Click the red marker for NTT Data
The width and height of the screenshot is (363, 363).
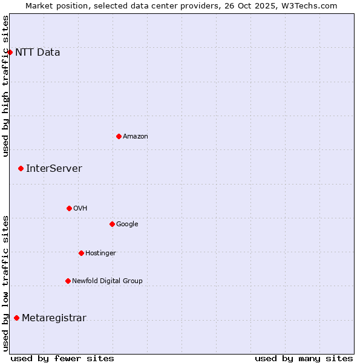[x=10, y=52]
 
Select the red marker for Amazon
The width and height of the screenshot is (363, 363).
[x=119, y=136]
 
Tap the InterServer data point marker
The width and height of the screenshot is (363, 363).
[x=21, y=168]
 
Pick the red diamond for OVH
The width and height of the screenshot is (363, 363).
[x=69, y=208]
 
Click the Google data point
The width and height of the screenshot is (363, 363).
[x=112, y=224]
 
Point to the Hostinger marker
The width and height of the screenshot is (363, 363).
[x=81, y=253]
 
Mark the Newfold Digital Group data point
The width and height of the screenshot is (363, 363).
[x=68, y=281]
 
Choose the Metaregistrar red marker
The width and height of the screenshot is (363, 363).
[x=16, y=318]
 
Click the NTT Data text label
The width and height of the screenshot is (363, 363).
[x=38, y=52]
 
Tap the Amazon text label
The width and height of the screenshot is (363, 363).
[x=136, y=136]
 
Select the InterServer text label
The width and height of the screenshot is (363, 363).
[x=54, y=168]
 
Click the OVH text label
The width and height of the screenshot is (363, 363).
[x=80, y=208]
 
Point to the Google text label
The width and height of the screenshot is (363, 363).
[x=127, y=224]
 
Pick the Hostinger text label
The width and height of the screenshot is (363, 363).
[x=100, y=253]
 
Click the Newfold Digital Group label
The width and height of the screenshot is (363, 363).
[x=107, y=281]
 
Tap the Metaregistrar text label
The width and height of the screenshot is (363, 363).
[x=54, y=318]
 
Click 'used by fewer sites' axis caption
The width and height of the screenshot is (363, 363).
[x=62, y=358]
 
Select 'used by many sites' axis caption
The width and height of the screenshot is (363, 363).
[x=304, y=358]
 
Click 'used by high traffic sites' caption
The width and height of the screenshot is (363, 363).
[x=5, y=86]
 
